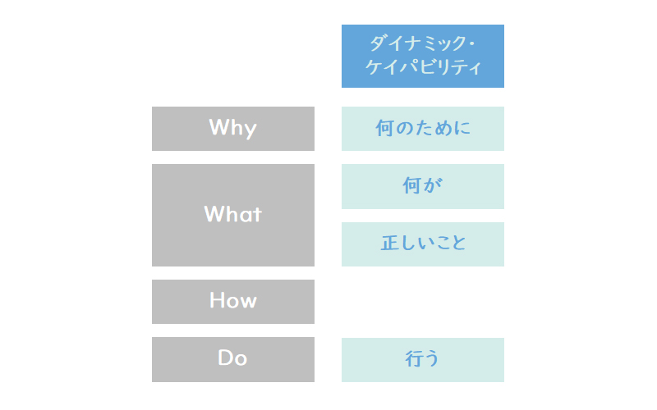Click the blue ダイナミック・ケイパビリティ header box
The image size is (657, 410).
tap(423, 56)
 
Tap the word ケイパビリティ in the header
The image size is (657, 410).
tap(423, 67)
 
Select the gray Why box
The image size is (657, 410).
tap(233, 129)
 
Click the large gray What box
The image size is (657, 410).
tap(233, 215)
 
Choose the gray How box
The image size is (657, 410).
tap(233, 302)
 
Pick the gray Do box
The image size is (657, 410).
tap(233, 359)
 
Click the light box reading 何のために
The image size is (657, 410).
tap(423, 129)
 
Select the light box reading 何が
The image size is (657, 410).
tap(423, 186)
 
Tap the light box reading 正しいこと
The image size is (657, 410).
tap(423, 244)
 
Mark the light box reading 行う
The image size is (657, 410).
tap(423, 360)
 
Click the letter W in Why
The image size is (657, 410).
tap(218, 127)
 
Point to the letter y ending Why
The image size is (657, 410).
tap(250, 130)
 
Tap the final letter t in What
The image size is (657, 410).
tap(257, 214)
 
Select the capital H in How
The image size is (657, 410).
tap(216, 300)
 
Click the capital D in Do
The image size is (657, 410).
tap(225, 358)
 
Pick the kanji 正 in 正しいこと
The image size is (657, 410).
tap(389, 243)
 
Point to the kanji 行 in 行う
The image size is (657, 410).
tap(414, 358)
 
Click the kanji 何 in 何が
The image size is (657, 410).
tap(411, 185)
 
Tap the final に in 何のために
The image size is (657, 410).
tap(462, 128)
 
